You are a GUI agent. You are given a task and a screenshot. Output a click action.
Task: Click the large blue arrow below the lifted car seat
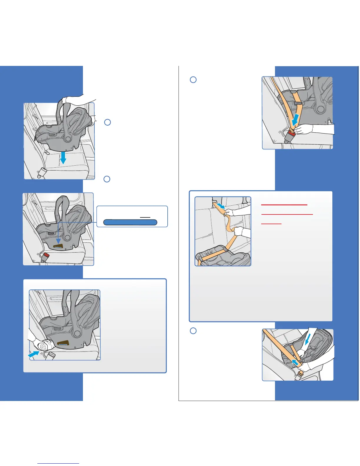[62, 158]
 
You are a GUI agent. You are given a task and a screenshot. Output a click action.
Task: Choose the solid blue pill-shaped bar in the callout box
[130, 222]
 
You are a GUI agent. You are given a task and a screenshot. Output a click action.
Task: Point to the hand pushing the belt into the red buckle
[303, 129]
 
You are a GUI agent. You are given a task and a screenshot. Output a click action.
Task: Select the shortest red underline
[271, 224]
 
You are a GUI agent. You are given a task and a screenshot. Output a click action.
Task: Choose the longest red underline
[287, 214]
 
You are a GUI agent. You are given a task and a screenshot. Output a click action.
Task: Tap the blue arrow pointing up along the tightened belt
[295, 363]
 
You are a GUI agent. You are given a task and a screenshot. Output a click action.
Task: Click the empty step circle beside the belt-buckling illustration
[193, 80]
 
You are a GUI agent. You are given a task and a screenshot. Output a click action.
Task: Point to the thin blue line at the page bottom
[58, 464]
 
